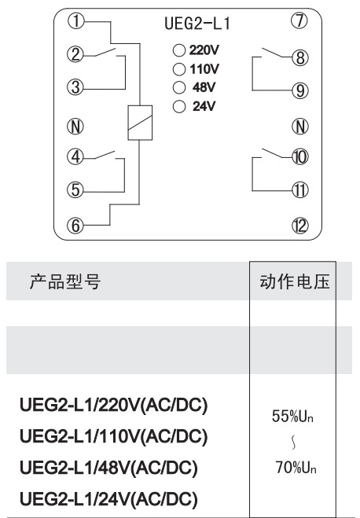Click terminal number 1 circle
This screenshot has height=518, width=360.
[76, 21]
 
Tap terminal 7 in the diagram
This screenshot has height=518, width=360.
[299, 20]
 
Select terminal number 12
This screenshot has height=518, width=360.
[300, 226]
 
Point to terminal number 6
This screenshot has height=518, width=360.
[75, 226]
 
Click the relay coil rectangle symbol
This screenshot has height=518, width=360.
[140, 123]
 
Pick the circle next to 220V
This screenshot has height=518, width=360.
[179, 50]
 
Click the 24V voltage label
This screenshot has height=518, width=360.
[204, 106]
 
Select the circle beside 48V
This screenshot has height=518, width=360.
[179, 87]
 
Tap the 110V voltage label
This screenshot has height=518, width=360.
[204, 69]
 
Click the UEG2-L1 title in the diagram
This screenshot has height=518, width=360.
[197, 24]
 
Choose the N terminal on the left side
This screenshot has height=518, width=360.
[75, 127]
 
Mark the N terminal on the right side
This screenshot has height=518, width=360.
[300, 127]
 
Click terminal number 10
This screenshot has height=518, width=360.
[300, 157]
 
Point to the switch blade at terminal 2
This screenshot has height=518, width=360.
[105, 52]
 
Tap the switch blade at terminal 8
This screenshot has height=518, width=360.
[272, 53]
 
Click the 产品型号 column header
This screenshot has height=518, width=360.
[65, 281]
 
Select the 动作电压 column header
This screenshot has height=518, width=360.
[295, 281]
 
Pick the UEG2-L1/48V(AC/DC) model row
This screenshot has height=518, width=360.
[109, 468]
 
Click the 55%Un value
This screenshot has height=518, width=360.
[292, 416]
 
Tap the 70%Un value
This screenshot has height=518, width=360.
[296, 468]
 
